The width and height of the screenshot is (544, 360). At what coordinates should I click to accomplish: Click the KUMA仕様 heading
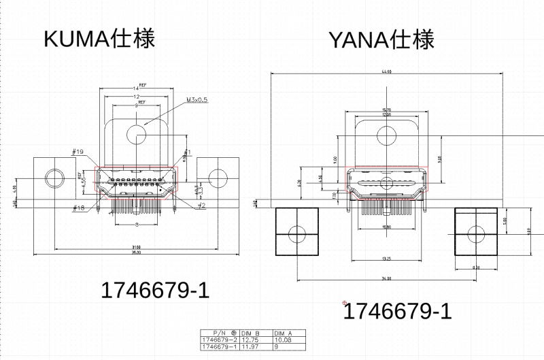(99, 38)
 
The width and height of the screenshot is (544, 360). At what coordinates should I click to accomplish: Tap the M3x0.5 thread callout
(197, 100)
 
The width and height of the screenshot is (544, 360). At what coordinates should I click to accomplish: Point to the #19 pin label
(78, 152)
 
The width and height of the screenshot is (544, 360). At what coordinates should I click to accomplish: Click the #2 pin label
(202, 205)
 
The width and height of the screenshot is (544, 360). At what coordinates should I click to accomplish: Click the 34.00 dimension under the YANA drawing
(386, 278)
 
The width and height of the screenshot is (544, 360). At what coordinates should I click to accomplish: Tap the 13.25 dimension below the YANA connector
(386, 259)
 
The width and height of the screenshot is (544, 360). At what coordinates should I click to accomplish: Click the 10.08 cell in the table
(282, 340)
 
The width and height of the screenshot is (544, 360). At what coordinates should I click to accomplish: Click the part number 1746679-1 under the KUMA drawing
(154, 291)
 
